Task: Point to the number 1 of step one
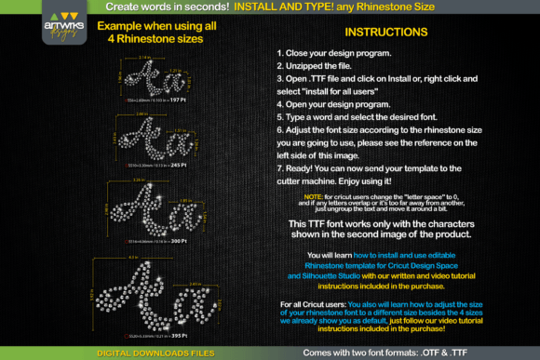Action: tap(279, 55)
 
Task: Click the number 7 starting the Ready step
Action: tap(279, 167)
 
